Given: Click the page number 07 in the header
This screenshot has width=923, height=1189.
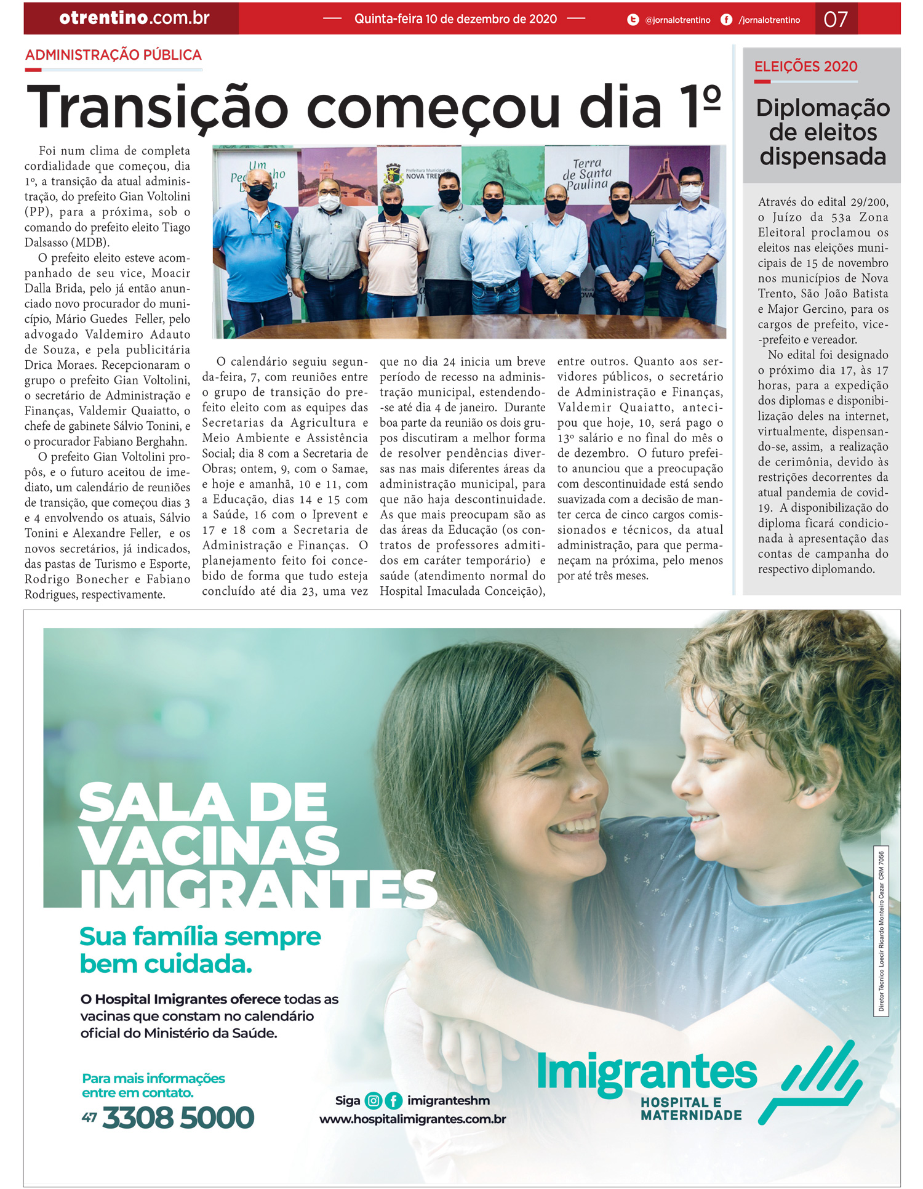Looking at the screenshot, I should coord(835,19).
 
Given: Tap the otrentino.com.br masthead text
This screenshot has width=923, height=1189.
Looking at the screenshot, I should coord(134,18).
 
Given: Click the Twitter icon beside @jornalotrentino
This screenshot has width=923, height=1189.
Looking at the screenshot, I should coord(633,20).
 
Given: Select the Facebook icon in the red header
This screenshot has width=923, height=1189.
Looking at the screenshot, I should coord(726,20).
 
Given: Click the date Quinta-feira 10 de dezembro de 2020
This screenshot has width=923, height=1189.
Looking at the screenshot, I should coord(455,19).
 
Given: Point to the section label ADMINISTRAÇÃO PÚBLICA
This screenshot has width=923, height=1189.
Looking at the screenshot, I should coord(113,55).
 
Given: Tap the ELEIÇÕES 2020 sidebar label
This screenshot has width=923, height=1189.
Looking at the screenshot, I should coord(805,67).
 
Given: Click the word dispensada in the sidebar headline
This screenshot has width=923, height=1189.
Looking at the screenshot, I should coord(823,157).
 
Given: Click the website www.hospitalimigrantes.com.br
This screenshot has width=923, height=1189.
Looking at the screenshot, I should coord(412,1119).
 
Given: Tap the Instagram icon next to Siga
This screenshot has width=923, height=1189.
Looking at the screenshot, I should coord(373,1100).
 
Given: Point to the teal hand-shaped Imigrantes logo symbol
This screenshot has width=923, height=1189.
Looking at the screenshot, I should coord(810,1083).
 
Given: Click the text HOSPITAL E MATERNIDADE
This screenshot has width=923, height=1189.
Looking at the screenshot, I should coord(690,1109).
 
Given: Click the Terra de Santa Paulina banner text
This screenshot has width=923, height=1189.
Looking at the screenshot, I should coord(586,174).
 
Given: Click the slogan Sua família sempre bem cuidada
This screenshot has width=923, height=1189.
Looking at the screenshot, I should coord(200,950).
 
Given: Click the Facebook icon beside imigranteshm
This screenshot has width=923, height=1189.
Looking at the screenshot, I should coord(393,1100).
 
